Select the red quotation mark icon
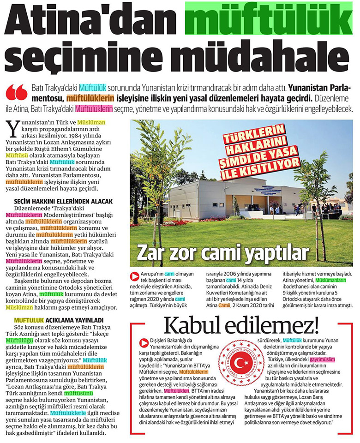[x=17, y=92]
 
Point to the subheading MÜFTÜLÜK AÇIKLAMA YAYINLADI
[x=59, y=320]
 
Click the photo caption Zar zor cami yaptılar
[x=222, y=253]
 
